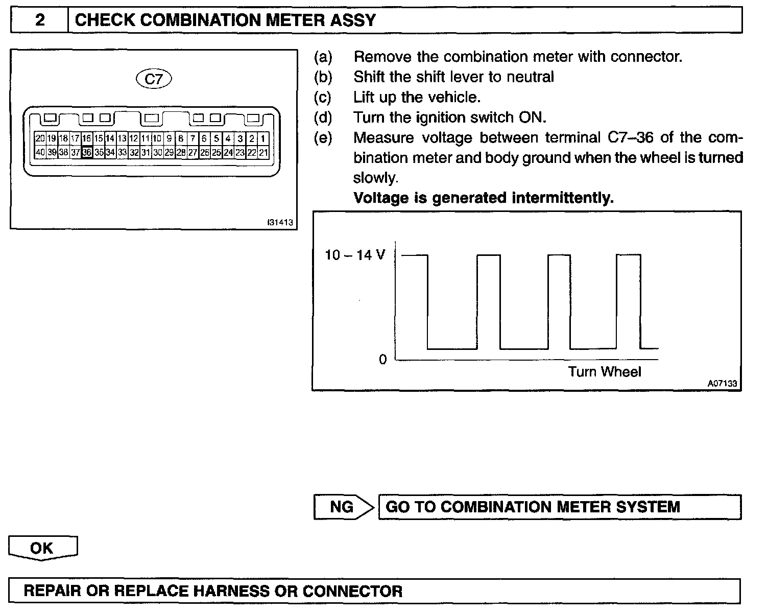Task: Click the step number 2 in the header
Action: coord(40,20)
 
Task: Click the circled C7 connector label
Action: coord(154,79)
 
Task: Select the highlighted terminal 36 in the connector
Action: coord(87,152)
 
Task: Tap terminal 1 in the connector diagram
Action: coord(263,138)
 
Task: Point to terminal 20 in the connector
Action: coord(40,138)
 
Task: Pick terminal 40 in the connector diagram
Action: coord(40,152)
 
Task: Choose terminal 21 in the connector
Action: coord(263,152)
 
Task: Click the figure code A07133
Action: coord(723,384)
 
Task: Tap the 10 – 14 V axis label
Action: coord(355,255)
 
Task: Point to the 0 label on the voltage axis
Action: coord(383,360)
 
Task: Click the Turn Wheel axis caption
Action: coord(605,372)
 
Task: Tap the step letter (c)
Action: coord(323,97)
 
